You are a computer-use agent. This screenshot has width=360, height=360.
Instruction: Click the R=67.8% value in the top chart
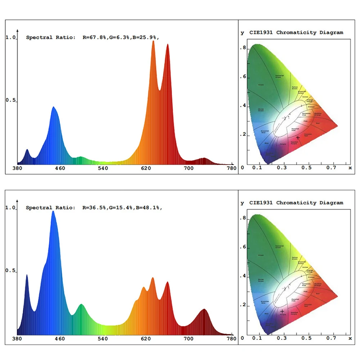94,37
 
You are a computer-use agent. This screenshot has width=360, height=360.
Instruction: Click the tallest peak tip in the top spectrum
153,41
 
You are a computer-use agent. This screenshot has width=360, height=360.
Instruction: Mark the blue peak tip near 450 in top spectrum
54,107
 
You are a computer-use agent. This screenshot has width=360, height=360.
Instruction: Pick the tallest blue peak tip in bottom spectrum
53,211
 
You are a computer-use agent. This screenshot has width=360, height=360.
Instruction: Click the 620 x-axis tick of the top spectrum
146,168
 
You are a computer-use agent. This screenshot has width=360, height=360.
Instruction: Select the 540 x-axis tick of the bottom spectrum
103,339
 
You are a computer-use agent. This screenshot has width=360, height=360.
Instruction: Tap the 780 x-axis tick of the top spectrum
231,168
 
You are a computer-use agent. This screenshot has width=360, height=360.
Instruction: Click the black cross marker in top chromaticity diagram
298,138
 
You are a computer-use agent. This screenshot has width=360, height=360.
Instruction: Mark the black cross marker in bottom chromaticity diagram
282,311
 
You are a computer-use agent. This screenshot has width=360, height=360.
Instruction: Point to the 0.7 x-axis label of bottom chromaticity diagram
330,338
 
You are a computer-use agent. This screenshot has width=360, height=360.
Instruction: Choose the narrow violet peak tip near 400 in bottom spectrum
27,275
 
